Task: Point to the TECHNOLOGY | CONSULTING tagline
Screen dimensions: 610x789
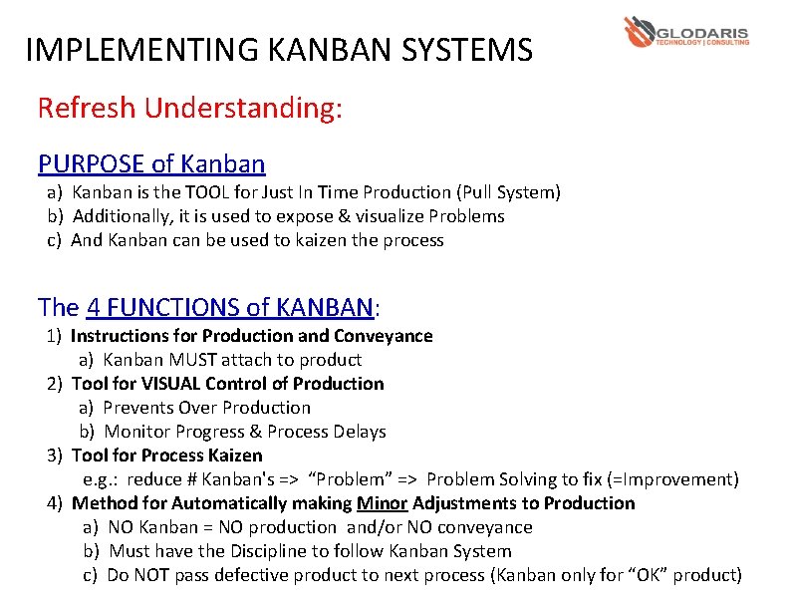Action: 702,43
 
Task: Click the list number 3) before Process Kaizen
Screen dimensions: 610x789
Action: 55,456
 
